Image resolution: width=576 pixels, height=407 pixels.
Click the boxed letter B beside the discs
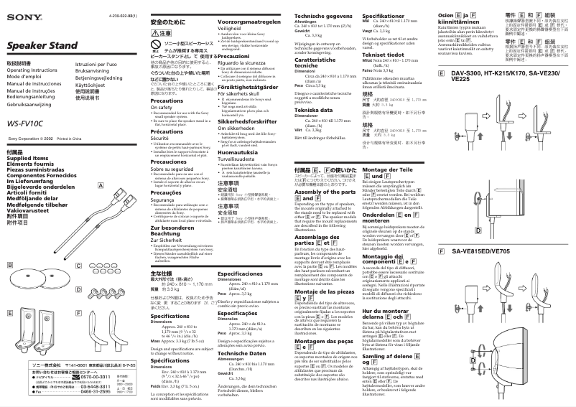[9, 266]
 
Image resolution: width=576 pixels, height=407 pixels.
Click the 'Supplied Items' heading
[24, 179]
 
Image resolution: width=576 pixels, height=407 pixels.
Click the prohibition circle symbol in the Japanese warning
[156, 44]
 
